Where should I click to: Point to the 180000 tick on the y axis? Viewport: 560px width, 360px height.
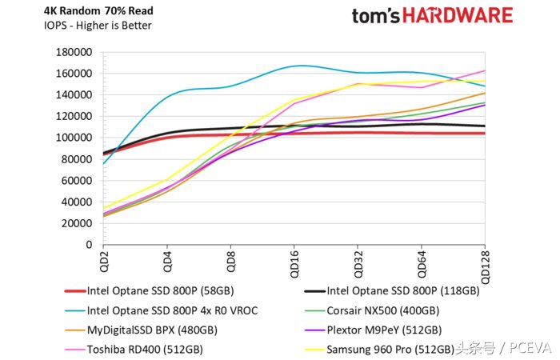pos(74,52)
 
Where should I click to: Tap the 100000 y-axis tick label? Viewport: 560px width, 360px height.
pos(74,138)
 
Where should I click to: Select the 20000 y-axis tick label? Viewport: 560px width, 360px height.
pos(78,224)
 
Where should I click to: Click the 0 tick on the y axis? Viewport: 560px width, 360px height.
pos(90,245)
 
